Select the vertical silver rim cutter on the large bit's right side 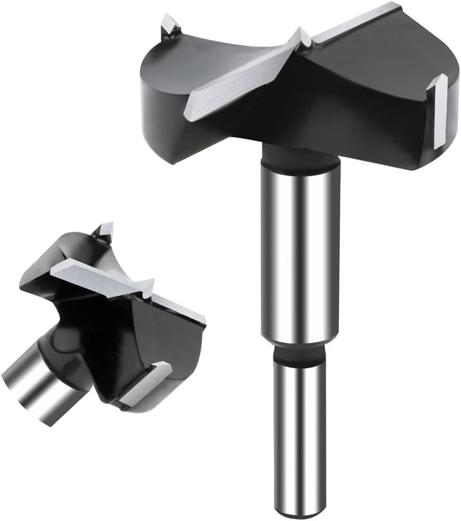coord(439,110)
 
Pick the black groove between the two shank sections coord(299,354)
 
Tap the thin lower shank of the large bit coord(299,427)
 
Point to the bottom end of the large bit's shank coord(299,504)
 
